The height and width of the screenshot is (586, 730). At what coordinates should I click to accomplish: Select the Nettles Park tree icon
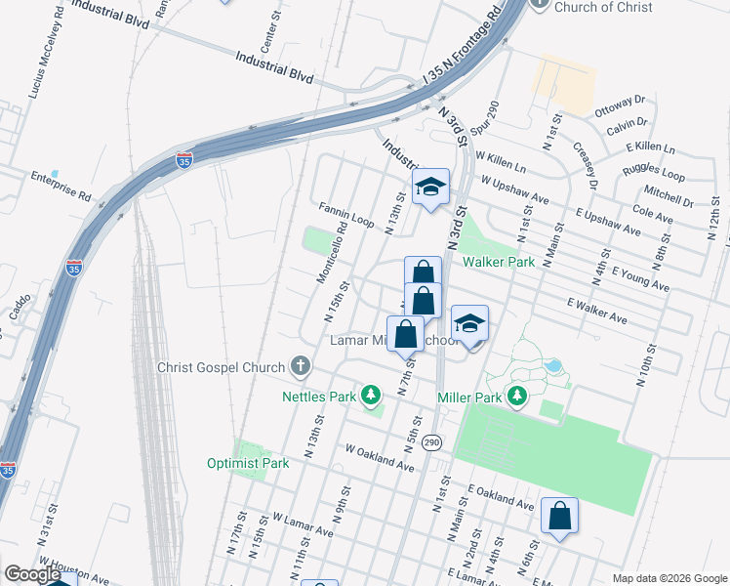click(371, 396)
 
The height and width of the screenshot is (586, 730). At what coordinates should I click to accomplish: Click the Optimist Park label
click(248, 463)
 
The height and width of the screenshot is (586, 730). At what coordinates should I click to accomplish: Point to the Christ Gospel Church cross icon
click(301, 368)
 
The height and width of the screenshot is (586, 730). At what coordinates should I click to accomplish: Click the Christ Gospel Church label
click(222, 368)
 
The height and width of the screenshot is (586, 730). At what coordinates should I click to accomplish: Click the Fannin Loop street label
click(346, 215)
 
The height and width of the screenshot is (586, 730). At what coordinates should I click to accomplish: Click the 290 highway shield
click(432, 442)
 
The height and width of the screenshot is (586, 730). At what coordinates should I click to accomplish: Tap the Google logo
click(32, 574)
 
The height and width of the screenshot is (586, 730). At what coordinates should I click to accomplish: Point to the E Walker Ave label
click(596, 310)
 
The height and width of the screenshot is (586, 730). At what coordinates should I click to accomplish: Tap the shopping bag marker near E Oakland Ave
click(560, 517)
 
